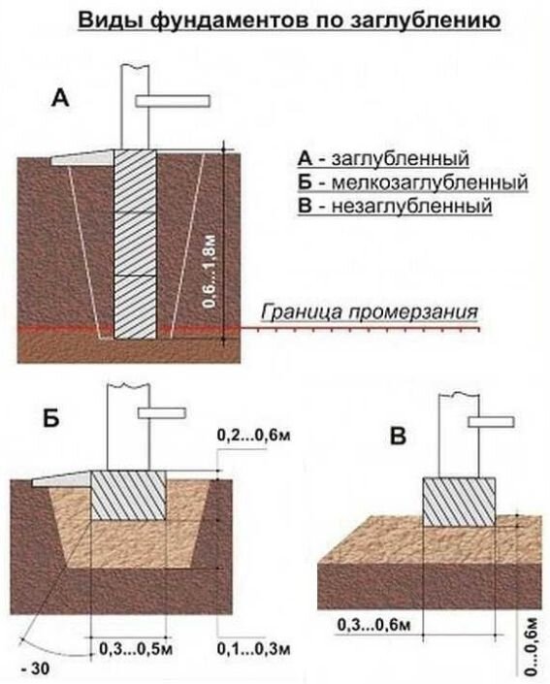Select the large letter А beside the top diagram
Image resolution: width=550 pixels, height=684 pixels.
coord(60,98)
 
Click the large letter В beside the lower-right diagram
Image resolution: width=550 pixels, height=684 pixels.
coord(398,436)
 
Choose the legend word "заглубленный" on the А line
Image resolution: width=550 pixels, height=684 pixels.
coord(401,159)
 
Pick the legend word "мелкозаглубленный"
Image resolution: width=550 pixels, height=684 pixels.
coord(430,182)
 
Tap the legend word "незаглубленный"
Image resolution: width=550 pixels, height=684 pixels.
coord(411,206)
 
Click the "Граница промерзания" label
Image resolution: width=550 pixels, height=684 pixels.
coord(369,311)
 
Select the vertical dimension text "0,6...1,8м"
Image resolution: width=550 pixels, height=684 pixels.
coord(210,272)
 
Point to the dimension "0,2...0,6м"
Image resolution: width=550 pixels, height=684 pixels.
coord(253,436)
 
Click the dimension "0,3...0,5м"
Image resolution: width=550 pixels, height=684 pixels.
coord(136,649)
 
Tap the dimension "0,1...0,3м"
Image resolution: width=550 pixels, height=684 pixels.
coord(254,649)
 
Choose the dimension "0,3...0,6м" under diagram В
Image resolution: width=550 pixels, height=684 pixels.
coord(374,625)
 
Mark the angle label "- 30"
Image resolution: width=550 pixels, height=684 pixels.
coord(35,669)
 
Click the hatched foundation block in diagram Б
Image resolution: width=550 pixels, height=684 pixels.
coord(128,496)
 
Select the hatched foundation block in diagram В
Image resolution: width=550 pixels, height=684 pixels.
coord(459,502)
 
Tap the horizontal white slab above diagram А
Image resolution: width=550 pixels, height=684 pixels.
coord(173,101)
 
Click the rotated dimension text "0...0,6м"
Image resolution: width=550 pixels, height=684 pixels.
coord(532,646)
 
